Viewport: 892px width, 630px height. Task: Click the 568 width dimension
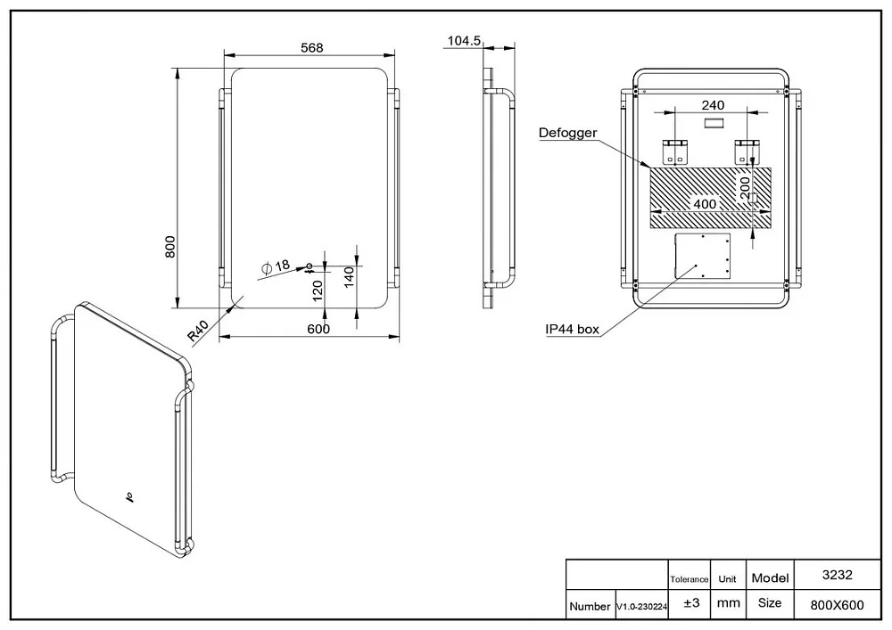pos(311,48)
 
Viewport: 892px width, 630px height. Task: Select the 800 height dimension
pos(170,247)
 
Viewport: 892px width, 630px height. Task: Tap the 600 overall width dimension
pos(318,329)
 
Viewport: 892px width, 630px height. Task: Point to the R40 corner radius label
pos(199,331)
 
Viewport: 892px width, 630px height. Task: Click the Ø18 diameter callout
pos(276,266)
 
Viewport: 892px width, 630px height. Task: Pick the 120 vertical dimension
pos(318,290)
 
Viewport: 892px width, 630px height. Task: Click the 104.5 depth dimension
pos(464,40)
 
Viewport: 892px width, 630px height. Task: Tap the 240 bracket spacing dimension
pos(713,105)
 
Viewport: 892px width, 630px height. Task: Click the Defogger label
pos(567,133)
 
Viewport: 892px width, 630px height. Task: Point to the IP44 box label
pos(573,329)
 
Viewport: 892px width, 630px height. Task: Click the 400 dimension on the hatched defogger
pos(705,203)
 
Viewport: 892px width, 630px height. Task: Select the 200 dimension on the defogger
pos(745,189)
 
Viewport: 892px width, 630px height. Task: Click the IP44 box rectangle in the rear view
pos(703,256)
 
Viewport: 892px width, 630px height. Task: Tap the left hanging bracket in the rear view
pos(674,151)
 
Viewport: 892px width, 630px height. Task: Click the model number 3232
pos(838,575)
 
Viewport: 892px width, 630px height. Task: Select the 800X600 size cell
pos(837,606)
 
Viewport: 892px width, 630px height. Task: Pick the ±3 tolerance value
pos(691,602)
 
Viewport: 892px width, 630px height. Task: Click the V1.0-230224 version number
pos(641,607)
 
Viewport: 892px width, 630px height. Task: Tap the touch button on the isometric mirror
pos(130,499)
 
